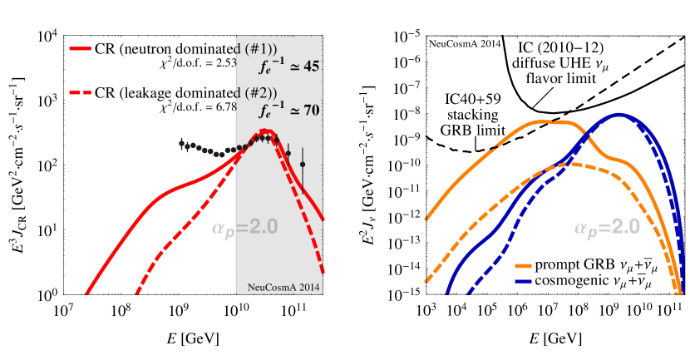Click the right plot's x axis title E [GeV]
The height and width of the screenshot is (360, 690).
(x=553, y=340)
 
